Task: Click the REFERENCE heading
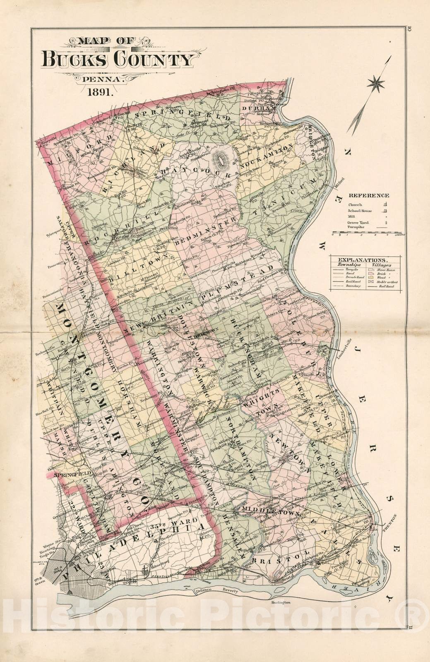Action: [x=368, y=196]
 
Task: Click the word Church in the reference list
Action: [x=355, y=204]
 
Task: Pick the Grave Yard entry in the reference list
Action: [x=358, y=222]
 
